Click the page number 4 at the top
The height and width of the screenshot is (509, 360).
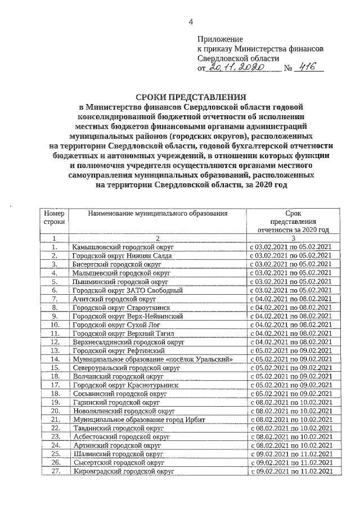[190, 22]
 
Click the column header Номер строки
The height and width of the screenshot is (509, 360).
[55, 218]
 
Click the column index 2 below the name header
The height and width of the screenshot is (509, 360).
[158, 238]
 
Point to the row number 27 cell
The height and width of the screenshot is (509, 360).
[55, 470]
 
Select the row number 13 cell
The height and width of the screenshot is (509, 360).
[55, 350]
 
